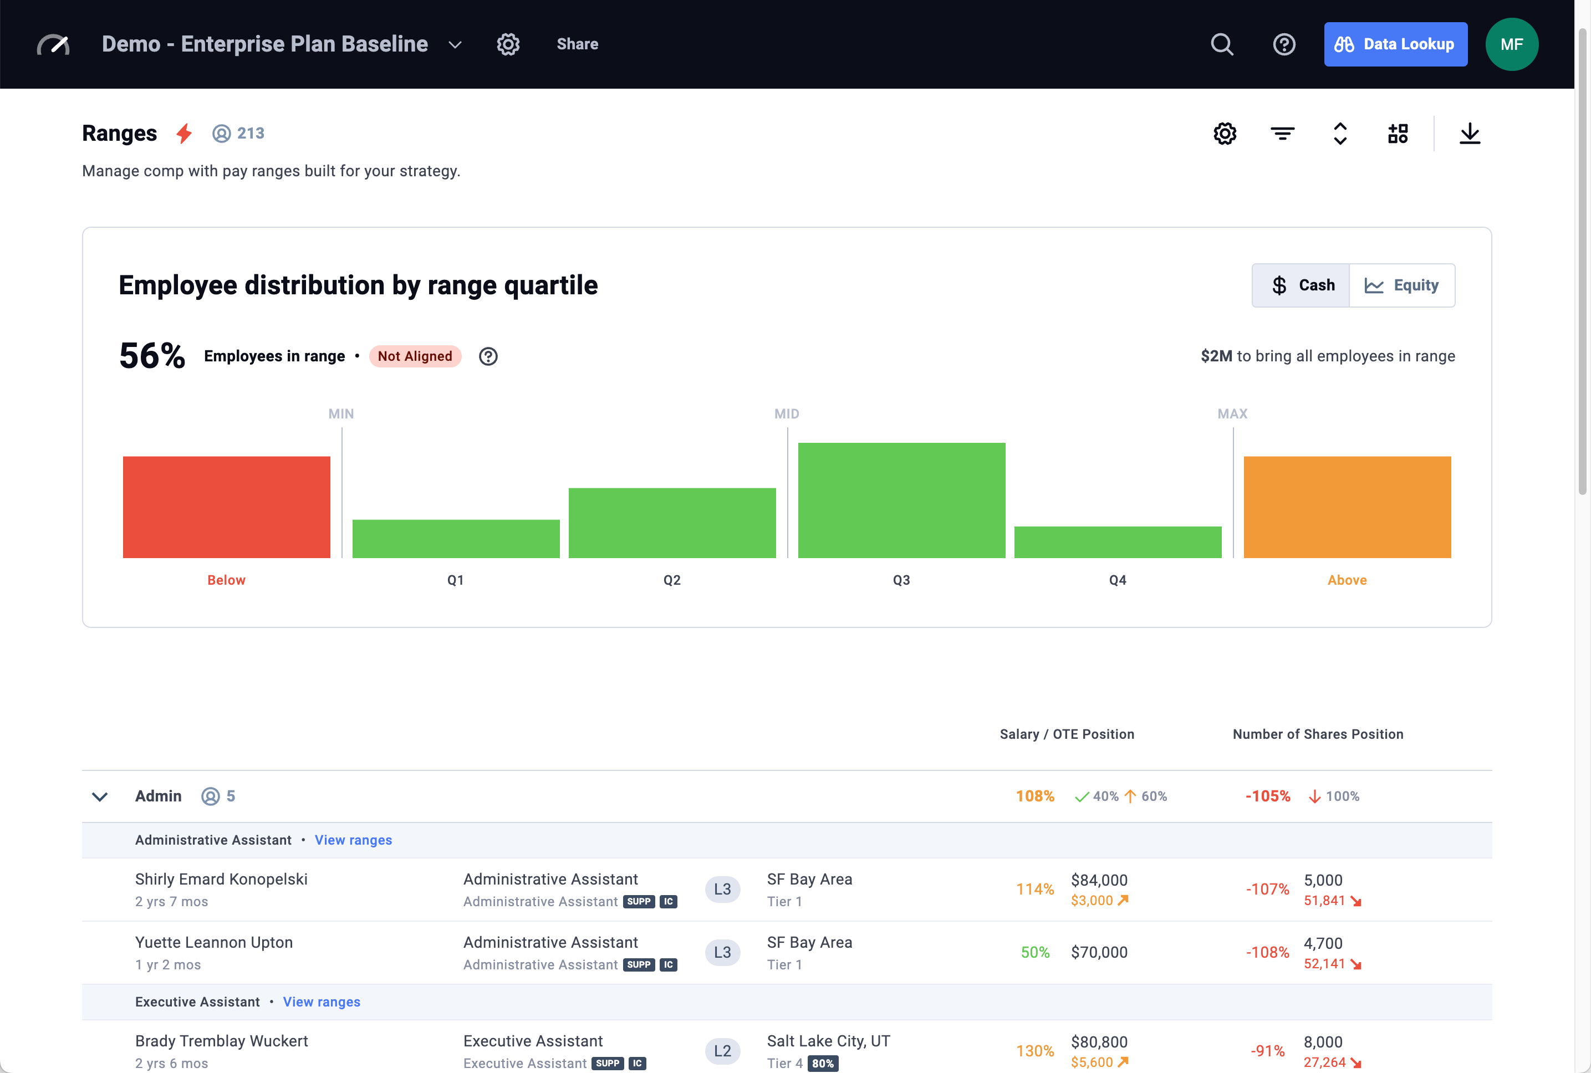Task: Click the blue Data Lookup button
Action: (x=1395, y=44)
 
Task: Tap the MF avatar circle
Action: (x=1511, y=44)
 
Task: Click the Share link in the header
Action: (x=577, y=44)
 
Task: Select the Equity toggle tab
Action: (x=1401, y=285)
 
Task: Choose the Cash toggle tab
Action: (x=1301, y=285)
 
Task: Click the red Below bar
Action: (x=227, y=507)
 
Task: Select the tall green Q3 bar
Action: (x=901, y=500)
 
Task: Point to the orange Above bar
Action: (x=1347, y=507)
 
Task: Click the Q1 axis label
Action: (x=456, y=580)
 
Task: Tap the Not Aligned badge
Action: (x=415, y=356)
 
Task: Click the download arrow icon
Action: (x=1469, y=134)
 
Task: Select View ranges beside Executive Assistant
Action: (x=322, y=1002)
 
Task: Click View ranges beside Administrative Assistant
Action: (x=353, y=840)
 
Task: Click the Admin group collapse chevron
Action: (x=100, y=796)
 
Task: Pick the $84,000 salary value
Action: (x=1099, y=880)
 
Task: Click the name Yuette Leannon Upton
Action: (x=214, y=942)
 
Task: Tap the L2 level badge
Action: (x=722, y=1051)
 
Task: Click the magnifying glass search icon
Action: (x=1221, y=44)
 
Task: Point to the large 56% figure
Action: (x=152, y=356)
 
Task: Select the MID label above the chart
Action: (x=786, y=414)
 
